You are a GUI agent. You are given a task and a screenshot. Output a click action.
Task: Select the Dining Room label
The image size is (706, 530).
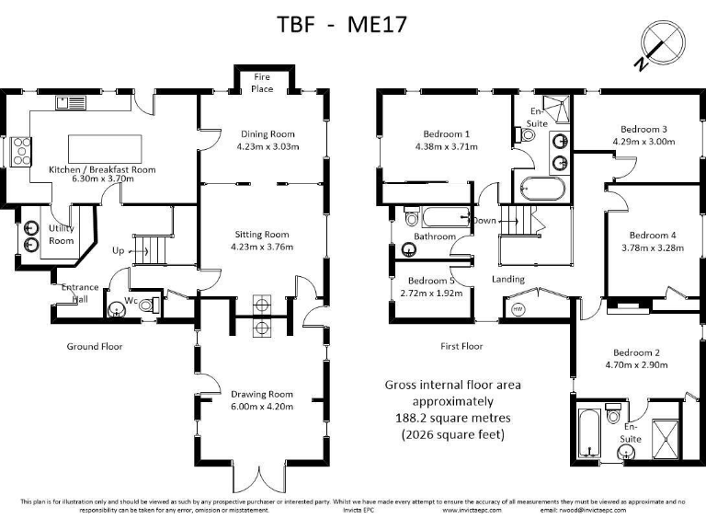click(x=267, y=133)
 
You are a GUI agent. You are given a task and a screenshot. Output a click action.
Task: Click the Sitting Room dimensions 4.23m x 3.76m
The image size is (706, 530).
click(x=267, y=246)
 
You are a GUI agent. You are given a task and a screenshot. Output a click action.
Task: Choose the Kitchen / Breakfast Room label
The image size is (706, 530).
click(x=102, y=169)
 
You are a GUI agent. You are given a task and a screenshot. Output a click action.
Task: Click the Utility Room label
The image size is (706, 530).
click(x=62, y=235)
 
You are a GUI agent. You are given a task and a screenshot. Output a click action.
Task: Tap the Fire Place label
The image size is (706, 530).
click(x=264, y=84)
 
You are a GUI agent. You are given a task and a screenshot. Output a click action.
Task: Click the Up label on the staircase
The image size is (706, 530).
click(x=118, y=250)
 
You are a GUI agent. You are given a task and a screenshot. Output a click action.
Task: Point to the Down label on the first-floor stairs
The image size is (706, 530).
click(x=484, y=221)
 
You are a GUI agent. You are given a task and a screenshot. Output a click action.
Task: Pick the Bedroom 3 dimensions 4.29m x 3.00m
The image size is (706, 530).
click(x=643, y=142)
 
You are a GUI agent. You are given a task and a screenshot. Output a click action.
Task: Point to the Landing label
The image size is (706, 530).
click(x=508, y=279)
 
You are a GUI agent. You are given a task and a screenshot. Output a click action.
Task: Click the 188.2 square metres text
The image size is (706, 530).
click(x=452, y=418)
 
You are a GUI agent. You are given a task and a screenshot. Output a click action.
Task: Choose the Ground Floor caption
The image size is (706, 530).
click(x=94, y=347)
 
